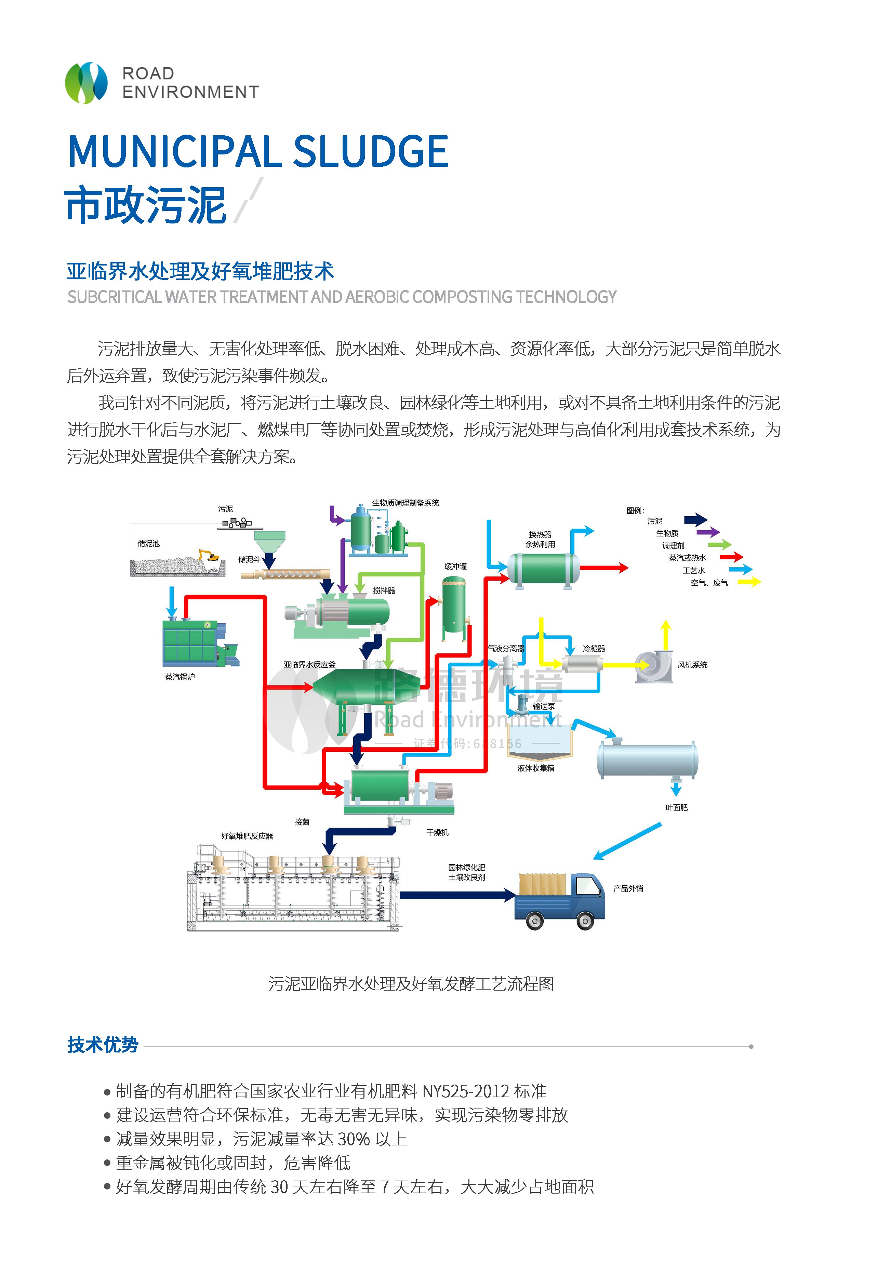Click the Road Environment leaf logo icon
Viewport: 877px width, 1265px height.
[86, 83]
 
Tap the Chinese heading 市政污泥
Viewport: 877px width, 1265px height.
[146, 205]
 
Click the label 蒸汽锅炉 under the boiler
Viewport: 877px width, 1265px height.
[180, 677]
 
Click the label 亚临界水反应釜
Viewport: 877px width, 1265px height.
[309, 664]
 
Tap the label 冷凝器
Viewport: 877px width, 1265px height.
[594, 649]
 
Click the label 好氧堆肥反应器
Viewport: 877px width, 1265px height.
[247, 836]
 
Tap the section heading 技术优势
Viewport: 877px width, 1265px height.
[103, 1045]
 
